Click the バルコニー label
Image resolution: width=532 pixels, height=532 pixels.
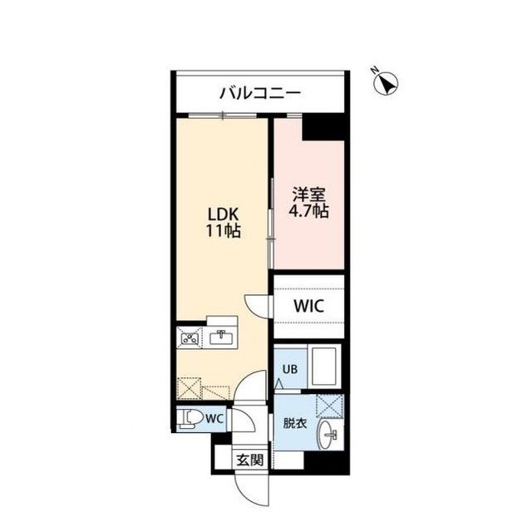(x=260, y=92)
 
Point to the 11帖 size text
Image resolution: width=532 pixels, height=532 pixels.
(x=224, y=232)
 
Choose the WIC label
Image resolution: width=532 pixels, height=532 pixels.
(x=308, y=305)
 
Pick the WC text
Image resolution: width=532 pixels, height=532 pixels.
(x=214, y=418)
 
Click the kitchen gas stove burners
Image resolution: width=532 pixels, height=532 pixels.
(x=190, y=337)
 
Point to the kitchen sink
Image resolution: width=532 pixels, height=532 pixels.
(x=221, y=337)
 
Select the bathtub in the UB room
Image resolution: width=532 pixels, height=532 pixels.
(x=321, y=365)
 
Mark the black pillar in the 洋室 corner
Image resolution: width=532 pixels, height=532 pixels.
(x=323, y=127)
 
